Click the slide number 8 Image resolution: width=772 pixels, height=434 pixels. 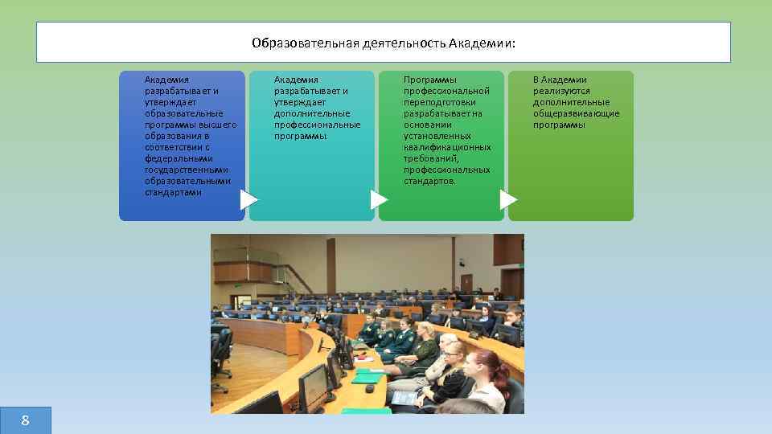[25, 420]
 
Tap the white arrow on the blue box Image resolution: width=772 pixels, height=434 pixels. [249, 199]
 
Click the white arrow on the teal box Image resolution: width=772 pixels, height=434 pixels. [379, 199]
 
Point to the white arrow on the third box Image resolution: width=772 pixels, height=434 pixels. [508, 199]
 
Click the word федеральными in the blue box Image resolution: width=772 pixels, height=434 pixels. [179, 158]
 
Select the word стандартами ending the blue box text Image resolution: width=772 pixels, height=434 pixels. [173, 192]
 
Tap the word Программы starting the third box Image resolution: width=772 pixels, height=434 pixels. [430, 80]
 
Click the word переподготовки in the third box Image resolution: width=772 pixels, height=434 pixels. [439, 102]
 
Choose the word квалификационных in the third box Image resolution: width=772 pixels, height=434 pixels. [447, 147]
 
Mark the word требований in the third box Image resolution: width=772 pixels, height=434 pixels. [430, 158]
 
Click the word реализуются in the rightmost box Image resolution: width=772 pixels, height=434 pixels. [561, 91]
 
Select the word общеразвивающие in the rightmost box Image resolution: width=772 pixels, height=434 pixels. [576, 113]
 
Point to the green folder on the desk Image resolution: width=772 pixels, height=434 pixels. [368, 376]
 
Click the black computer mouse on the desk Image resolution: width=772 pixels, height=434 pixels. [370, 389]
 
